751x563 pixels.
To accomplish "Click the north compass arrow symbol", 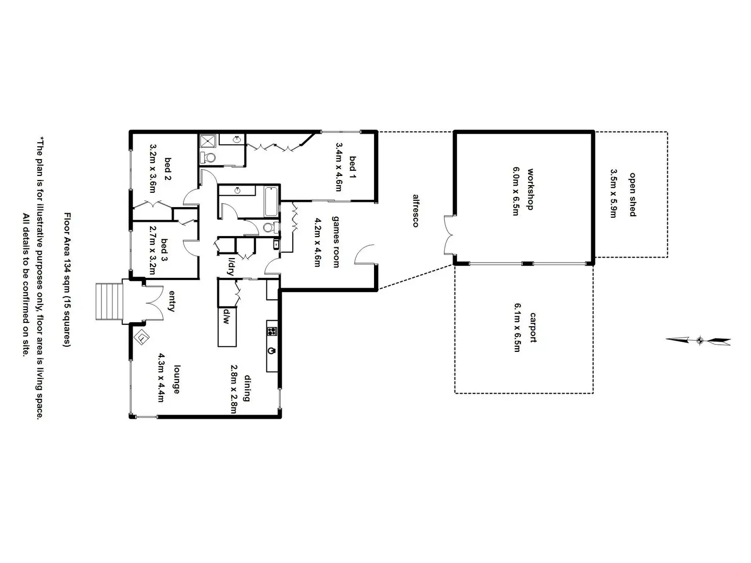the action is [x=699, y=340].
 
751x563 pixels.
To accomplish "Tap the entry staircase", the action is [x=109, y=301].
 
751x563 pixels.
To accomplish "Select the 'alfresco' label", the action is [x=416, y=211].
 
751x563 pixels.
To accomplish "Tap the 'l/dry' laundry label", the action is [x=231, y=266].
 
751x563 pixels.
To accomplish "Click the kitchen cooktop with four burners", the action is [x=271, y=331].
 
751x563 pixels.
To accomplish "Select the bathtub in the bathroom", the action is [x=271, y=201].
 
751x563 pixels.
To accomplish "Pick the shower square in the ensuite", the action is [x=207, y=141].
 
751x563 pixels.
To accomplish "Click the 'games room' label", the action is [x=336, y=241].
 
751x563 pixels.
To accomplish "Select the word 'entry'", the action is [x=171, y=301].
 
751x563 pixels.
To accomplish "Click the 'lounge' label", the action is [x=176, y=379].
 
